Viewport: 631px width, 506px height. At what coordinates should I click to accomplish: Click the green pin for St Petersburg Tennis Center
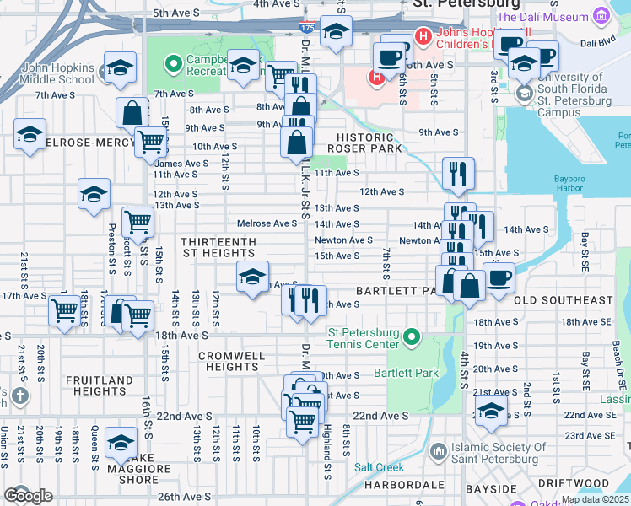point(412,337)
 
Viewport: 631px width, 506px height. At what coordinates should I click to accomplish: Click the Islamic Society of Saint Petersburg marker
point(438,452)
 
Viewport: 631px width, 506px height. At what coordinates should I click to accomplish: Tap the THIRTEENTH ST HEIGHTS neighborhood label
point(218,248)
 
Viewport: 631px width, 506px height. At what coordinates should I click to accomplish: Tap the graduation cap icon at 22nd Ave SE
point(490,411)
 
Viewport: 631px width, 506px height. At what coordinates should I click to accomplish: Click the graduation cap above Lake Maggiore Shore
point(121,443)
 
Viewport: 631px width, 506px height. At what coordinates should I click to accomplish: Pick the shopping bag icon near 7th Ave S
point(132,111)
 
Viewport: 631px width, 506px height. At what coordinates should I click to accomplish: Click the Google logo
point(28,496)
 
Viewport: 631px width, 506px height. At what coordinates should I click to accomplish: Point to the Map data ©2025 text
point(595,499)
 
